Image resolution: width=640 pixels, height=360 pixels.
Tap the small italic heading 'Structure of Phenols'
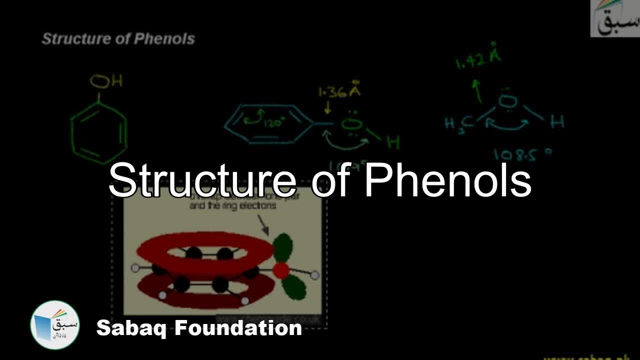118,39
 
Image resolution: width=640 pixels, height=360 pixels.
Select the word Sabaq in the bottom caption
130,328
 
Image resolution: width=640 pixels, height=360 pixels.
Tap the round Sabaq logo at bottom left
55,324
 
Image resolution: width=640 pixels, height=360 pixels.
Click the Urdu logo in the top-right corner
615,18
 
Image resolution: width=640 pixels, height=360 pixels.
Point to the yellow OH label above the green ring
106,81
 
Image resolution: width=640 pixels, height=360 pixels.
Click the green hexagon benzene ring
99,132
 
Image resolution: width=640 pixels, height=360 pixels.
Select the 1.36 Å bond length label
340,92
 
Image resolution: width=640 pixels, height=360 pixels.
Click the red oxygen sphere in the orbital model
281,270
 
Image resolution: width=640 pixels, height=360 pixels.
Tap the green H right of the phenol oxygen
393,142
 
